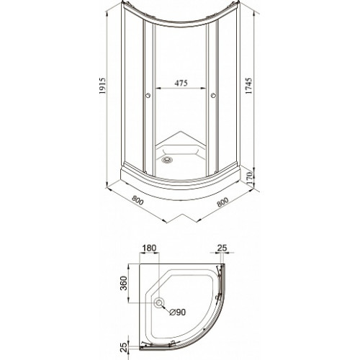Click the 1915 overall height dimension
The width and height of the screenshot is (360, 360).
[x=102, y=86]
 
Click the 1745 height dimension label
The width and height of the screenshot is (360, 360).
[x=249, y=86]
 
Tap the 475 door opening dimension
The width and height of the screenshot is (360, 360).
[x=181, y=83]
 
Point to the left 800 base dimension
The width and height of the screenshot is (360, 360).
[x=138, y=200]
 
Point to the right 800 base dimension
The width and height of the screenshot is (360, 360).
[x=222, y=202]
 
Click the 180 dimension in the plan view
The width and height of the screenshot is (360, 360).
[x=149, y=248]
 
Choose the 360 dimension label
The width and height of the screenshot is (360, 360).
[x=123, y=283]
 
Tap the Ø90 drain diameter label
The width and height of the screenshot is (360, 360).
[x=177, y=312]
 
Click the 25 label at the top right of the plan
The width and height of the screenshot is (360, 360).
[x=222, y=248]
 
